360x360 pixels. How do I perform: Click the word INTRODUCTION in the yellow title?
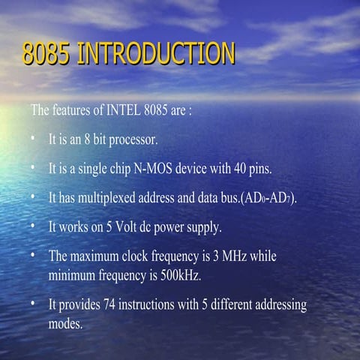(x=157, y=55)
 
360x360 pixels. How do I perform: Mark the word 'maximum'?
(x=99, y=256)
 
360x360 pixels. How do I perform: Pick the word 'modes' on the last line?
(x=64, y=325)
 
